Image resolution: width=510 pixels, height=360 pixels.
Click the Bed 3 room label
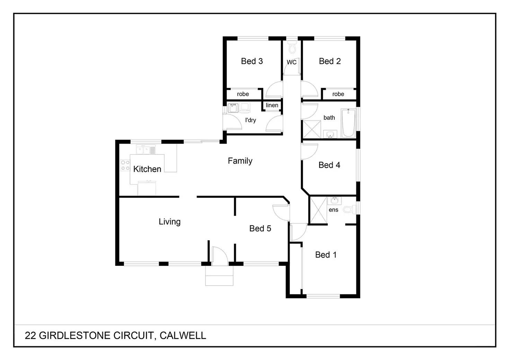pos(252,61)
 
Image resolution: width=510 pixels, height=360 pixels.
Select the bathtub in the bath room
pos(348,123)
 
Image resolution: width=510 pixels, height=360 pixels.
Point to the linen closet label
pos(272,105)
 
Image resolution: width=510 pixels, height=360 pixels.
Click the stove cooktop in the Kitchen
pos(125,165)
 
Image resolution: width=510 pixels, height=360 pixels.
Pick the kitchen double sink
pos(146,150)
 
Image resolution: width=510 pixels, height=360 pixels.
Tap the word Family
pos(240,161)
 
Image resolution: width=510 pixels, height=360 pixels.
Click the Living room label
pos(170,222)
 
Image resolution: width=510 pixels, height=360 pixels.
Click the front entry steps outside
pos(219,276)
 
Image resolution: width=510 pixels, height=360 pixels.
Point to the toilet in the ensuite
pos(350,209)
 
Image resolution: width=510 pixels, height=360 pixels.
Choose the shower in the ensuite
pos(318,210)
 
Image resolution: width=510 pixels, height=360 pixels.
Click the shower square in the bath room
pos(312,129)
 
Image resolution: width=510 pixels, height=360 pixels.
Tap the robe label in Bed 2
pos(338,94)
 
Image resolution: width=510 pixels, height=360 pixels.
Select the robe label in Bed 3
pos(243,94)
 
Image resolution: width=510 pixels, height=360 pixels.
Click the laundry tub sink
pos(233,108)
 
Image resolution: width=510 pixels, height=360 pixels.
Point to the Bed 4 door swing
pos(309,152)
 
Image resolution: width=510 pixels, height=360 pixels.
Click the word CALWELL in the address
pos(183,336)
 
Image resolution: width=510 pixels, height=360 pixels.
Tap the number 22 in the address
pos(30,336)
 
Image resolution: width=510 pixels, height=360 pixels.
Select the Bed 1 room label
pos(326,255)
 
